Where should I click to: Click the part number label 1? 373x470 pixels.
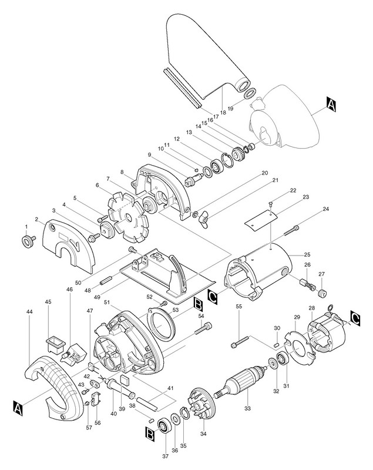[x=26, y=227]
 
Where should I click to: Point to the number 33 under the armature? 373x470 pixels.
[x=248, y=408]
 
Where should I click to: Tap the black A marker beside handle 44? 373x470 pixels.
[x=18, y=406]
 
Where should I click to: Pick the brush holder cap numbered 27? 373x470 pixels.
[x=322, y=293]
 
